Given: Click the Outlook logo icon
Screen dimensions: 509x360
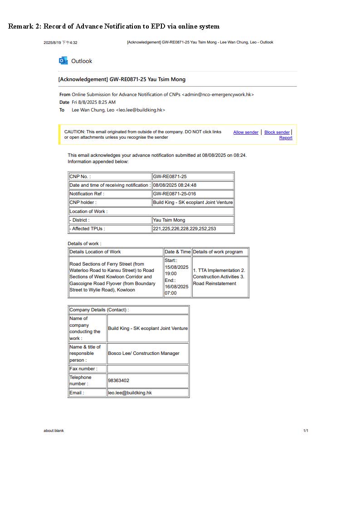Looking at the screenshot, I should tap(63, 61).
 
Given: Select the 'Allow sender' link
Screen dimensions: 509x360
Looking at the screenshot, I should tap(246, 132).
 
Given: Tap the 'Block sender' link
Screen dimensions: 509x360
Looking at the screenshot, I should tap(277, 132).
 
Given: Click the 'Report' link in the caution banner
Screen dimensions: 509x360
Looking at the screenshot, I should tap(286, 138).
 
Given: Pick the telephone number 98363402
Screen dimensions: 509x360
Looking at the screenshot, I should tap(119, 381).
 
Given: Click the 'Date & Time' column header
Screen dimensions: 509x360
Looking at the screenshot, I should tap(177, 252).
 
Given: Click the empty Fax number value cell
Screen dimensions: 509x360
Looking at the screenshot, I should tap(147, 369).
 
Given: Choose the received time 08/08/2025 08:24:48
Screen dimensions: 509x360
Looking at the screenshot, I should tap(175, 185).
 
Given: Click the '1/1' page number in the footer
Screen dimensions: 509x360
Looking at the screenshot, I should tap(306, 431).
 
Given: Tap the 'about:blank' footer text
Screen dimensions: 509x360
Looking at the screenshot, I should tap(54, 431).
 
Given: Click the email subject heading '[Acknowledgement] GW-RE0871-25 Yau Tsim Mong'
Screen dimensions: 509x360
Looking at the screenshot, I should tap(122, 79).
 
